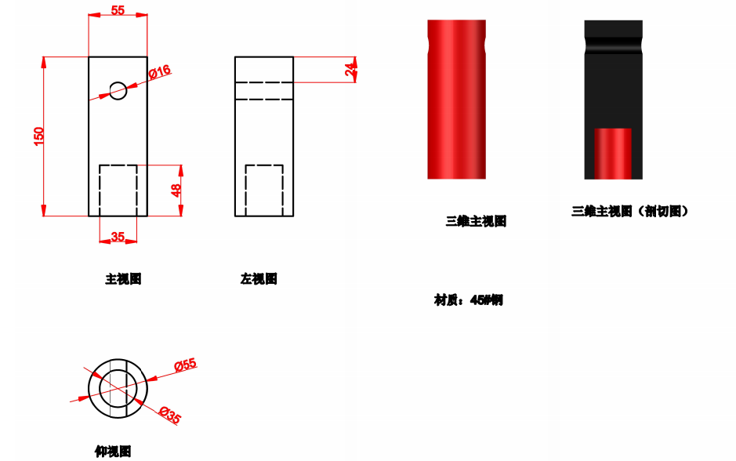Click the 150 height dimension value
39,136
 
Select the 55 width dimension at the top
118,10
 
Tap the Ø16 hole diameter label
160,72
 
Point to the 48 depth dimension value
176,191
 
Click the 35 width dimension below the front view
118,237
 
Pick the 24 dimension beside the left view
350,70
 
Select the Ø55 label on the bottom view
186,365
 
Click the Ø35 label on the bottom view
170,416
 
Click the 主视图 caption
123,279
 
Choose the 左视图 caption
259,279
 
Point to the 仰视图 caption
113,452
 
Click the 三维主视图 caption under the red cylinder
476,221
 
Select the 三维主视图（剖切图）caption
630,211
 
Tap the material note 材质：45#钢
469,300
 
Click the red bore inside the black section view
613,154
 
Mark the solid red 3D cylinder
456,99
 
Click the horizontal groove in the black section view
613,45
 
